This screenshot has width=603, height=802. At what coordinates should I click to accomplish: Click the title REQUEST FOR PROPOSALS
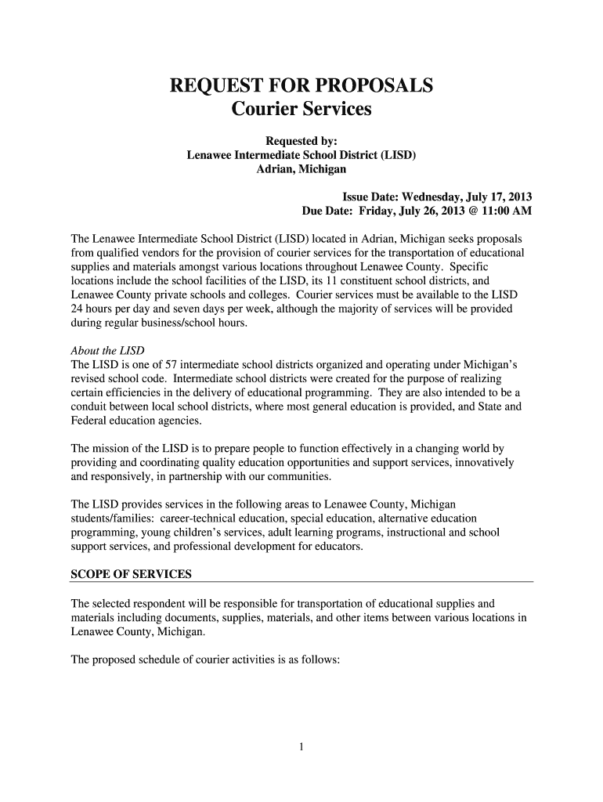click(301, 85)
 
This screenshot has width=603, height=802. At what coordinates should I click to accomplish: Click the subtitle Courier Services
click(301, 109)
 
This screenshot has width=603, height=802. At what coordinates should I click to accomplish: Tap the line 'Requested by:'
click(301, 142)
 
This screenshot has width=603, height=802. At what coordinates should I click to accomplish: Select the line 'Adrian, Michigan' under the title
click(301, 169)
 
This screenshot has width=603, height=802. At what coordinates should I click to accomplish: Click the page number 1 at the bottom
click(301, 746)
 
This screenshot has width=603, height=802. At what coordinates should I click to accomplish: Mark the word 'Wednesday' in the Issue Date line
click(428, 197)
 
